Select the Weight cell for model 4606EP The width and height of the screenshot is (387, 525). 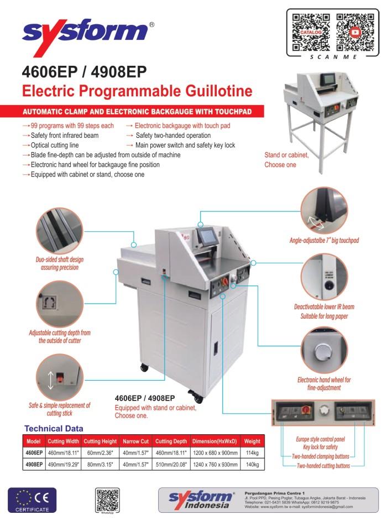252,452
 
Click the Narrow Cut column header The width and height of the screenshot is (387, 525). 136,441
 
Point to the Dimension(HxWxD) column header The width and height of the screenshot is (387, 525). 215,441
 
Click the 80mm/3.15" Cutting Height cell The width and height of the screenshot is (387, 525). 100,464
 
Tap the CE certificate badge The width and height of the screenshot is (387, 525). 29,500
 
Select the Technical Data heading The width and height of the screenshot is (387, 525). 54,428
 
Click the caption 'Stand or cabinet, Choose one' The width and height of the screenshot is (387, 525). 286,160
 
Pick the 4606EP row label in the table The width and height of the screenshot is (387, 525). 34,452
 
